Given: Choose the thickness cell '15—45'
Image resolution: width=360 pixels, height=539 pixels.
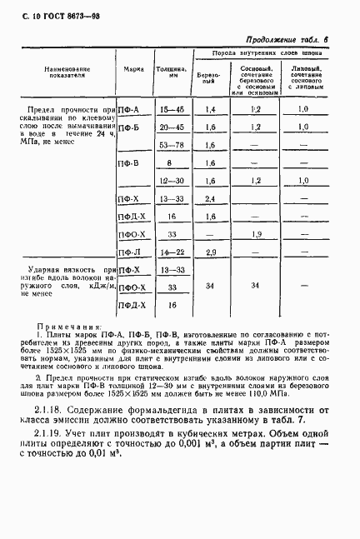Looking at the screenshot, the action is click(170, 109).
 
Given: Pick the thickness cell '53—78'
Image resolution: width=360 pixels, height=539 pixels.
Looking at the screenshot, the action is click(170, 145).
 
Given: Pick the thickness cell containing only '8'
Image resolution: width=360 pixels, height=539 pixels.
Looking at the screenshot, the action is click(170, 163).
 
